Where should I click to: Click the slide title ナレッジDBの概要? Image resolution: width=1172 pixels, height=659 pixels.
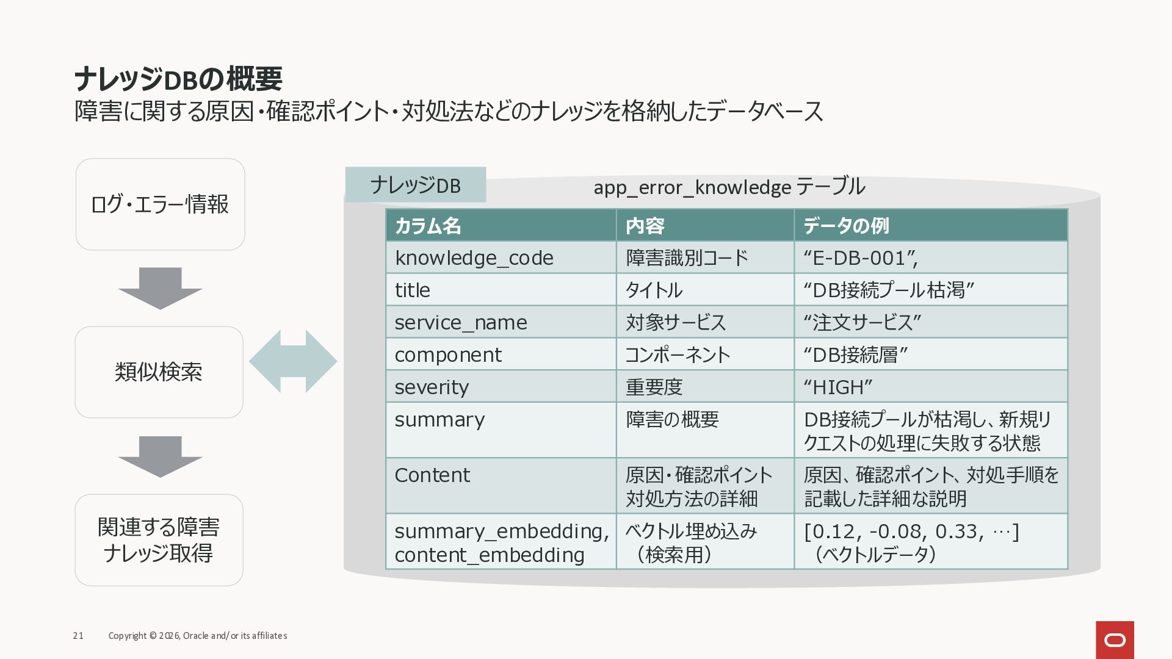coord(178,79)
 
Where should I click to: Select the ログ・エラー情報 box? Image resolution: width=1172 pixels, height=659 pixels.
coord(161,204)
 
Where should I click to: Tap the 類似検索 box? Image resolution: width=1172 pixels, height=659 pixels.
coord(159,372)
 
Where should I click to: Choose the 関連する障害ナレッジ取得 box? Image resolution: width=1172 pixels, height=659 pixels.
coord(159,540)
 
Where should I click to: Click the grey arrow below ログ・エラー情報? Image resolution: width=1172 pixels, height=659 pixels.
coord(160,288)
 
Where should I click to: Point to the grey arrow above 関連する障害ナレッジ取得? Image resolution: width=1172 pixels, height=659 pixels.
coord(160,456)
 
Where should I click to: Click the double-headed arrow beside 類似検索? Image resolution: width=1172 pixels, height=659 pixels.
coord(293,361)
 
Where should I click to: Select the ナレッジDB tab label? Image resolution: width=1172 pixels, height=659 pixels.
coord(416,185)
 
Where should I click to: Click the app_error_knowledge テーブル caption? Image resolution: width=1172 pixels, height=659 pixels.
coord(729,187)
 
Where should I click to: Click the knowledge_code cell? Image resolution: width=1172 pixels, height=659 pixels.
coord(501,257)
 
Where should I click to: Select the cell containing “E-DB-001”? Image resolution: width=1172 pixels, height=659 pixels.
coord(931,257)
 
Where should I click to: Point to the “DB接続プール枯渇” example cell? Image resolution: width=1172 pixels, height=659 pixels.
coord(931,290)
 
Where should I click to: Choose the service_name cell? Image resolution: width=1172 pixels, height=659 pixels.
coord(501,322)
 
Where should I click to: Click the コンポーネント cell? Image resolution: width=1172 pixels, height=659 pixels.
coord(705,355)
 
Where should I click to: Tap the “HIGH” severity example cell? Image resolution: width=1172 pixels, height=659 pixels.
coord(931,387)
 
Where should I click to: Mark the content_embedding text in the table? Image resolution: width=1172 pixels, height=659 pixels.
coord(490,555)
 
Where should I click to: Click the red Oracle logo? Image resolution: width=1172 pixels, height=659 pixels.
coord(1115,640)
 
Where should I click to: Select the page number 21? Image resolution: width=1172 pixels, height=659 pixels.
coord(78,636)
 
